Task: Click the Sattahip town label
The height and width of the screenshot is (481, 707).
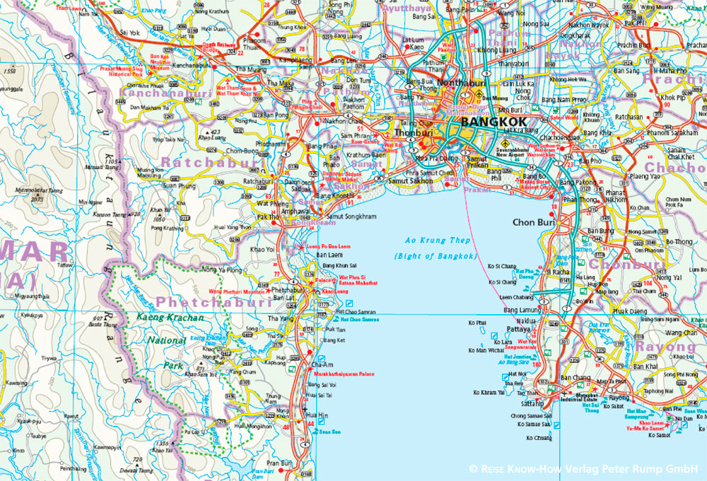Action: point(532,402)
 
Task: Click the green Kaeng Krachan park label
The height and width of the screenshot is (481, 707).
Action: point(170,318)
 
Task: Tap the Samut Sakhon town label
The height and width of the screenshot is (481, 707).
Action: point(410,181)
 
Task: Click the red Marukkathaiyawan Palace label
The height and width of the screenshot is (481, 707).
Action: point(346,373)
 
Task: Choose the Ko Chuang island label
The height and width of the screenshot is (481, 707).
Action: point(539,437)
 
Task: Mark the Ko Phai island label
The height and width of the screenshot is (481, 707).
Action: point(478,323)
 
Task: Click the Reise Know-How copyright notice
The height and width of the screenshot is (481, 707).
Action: point(583,468)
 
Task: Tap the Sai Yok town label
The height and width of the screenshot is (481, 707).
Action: point(131,33)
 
